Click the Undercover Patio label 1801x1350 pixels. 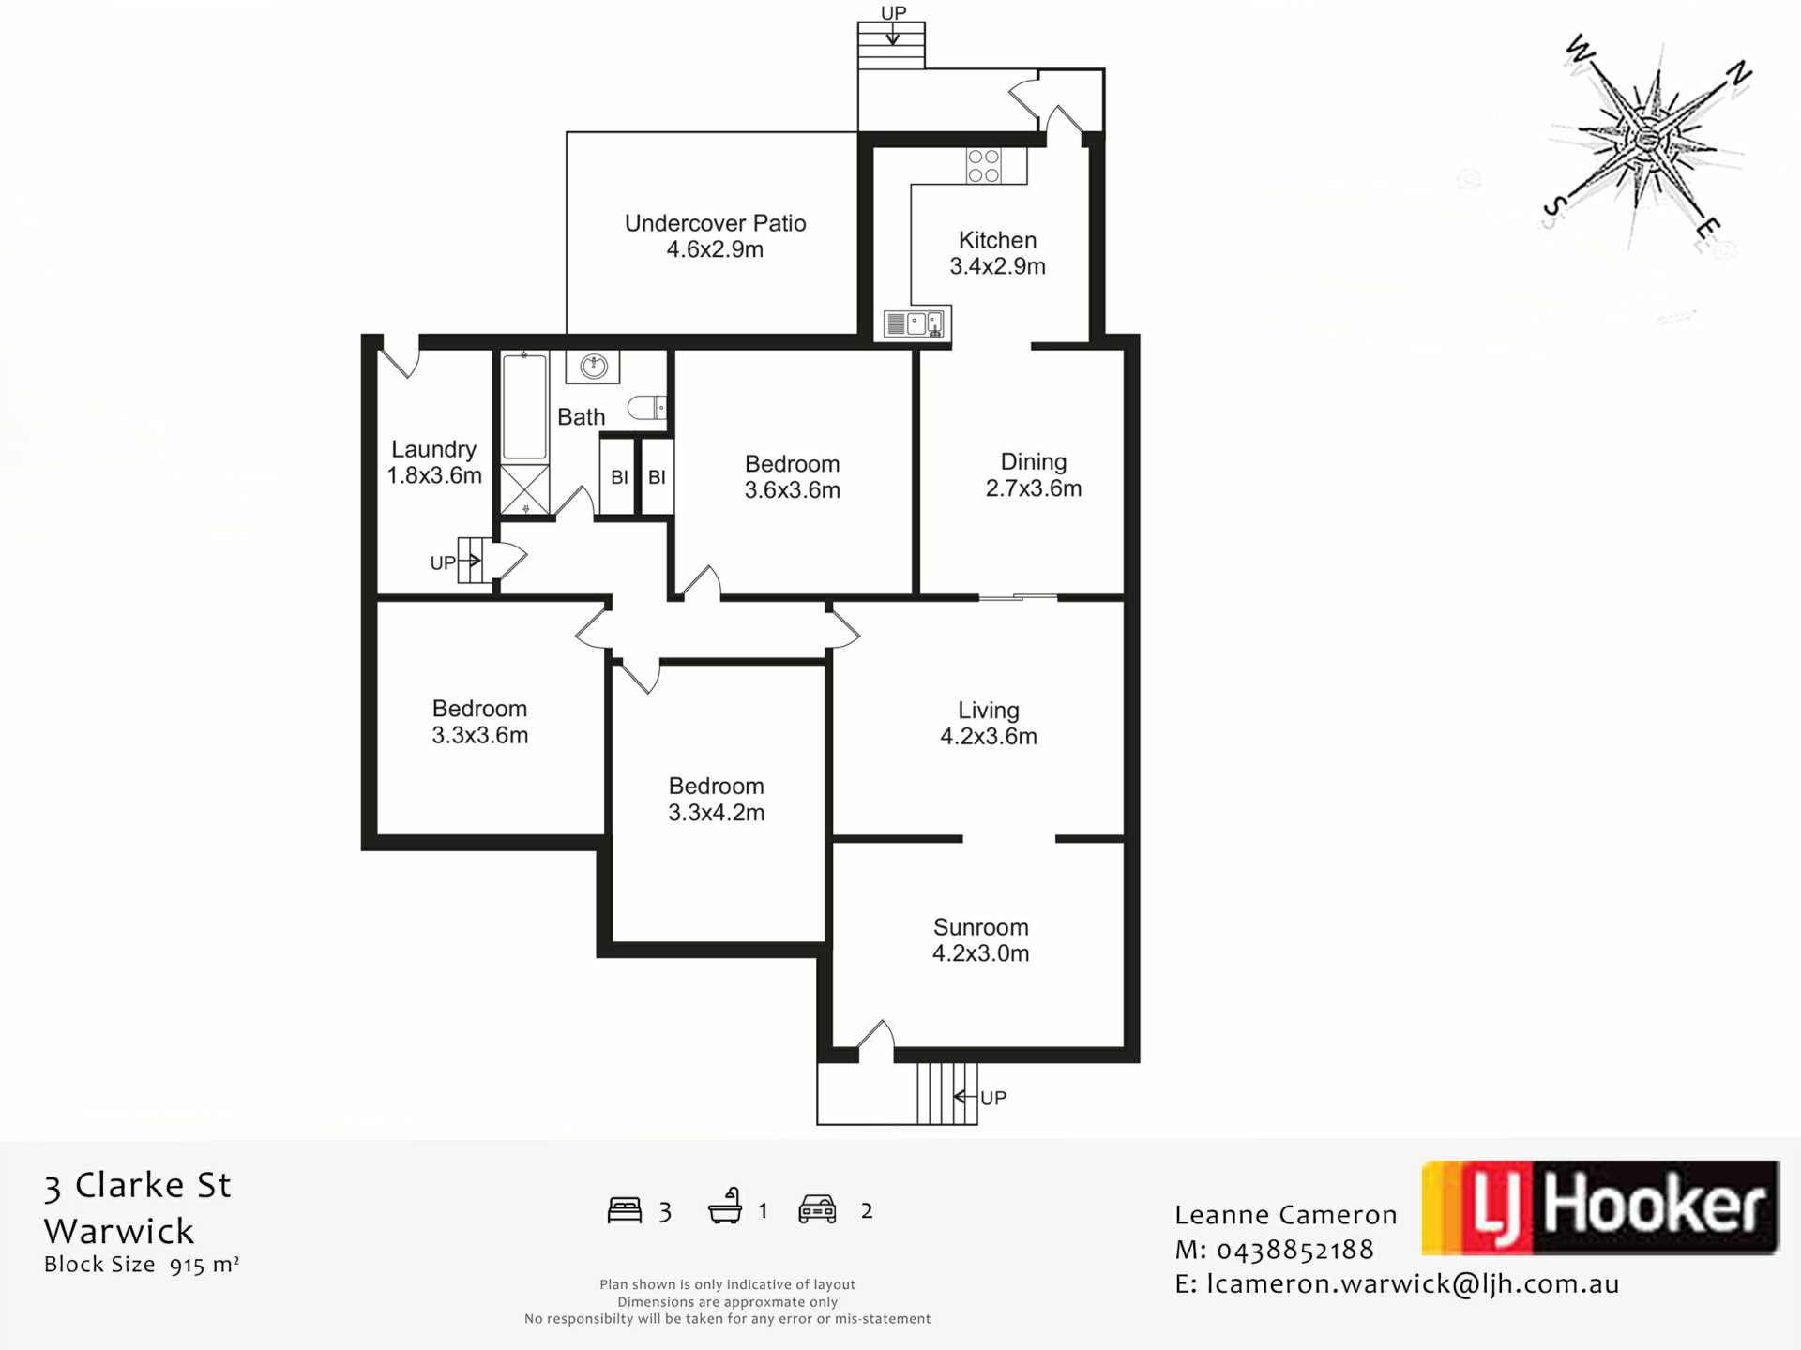(x=715, y=236)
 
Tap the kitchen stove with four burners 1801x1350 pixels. (x=983, y=166)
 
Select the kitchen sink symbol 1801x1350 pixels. (x=916, y=324)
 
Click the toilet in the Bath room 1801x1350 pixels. (x=647, y=407)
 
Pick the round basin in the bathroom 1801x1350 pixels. (x=593, y=366)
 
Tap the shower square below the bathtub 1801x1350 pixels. (x=523, y=488)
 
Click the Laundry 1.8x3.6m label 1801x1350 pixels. (x=434, y=462)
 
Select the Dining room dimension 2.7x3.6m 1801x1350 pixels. (x=1034, y=488)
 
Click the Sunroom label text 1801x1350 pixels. (x=981, y=927)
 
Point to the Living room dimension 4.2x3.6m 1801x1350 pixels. (x=989, y=736)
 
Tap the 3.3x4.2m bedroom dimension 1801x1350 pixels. (x=717, y=813)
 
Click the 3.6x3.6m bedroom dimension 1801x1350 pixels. (x=793, y=489)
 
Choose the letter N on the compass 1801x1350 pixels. (x=1740, y=73)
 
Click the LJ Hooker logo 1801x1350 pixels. (x=1600, y=1207)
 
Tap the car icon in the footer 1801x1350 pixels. (x=817, y=1209)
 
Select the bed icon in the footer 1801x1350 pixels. (x=625, y=1210)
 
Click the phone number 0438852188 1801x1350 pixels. (x=1295, y=1250)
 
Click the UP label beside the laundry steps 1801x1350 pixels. (x=443, y=562)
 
